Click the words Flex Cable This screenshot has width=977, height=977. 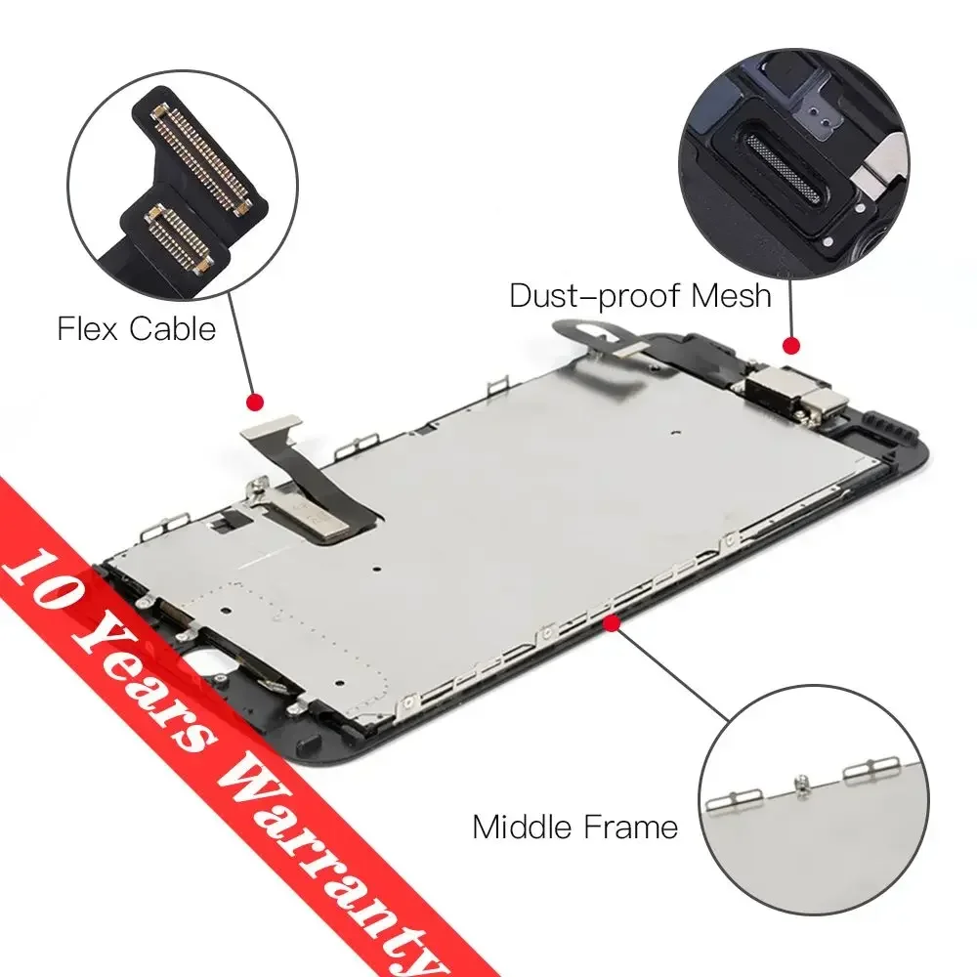coord(136,328)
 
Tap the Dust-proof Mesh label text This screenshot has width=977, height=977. coord(641,294)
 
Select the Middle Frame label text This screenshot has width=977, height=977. coord(574,828)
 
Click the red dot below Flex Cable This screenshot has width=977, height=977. coord(256,402)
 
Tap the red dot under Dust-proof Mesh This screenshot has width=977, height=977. coord(791,344)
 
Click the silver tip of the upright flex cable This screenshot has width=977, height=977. coord(273,427)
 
